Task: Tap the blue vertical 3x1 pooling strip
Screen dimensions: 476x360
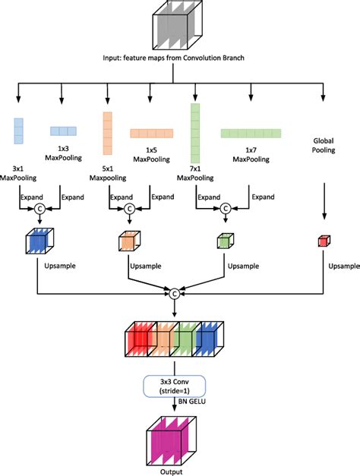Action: tap(18, 130)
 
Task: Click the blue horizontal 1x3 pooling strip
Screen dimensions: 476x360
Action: tap(65, 131)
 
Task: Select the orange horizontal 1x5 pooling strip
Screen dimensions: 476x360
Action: tap(152, 133)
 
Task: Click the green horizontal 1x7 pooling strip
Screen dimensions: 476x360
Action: tap(251, 134)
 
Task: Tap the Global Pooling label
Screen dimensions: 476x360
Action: tap(324, 145)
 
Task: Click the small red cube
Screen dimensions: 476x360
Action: tap(323, 241)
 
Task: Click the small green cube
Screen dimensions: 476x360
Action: tap(224, 241)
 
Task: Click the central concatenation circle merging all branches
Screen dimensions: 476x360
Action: tap(175, 292)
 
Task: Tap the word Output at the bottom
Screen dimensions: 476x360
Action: tap(175, 471)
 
